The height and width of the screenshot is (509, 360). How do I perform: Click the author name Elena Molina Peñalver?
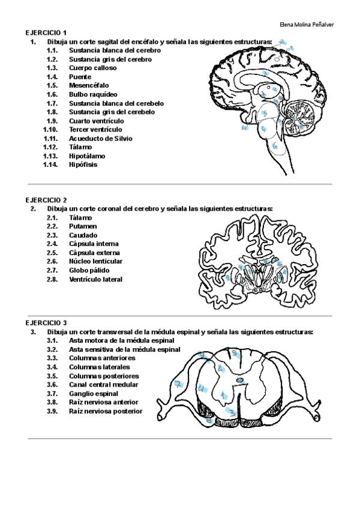[307, 25]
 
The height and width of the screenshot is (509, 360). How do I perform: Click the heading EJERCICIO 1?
[46, 32]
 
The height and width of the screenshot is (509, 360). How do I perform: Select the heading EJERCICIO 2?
[46, 200]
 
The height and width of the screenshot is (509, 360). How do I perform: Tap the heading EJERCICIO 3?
[46, 323]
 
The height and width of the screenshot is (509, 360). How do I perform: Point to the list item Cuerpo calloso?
[92, 68]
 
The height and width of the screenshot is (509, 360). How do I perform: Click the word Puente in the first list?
[80, 77]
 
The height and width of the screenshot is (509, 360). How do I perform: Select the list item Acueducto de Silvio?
[101, 138]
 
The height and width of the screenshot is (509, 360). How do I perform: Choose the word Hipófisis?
[83, 164]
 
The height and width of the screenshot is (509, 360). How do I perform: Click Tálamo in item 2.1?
[81, 217]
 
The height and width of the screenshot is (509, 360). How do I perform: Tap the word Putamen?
[83, 226]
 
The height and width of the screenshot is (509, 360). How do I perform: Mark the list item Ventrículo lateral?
[95, 279]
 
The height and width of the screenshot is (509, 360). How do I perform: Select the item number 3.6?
[52, 384]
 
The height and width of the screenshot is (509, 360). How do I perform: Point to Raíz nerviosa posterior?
[106, 411]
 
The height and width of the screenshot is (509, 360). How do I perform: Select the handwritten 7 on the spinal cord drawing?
[178, 384]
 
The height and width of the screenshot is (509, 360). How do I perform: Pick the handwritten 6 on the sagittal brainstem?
[274, 146]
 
